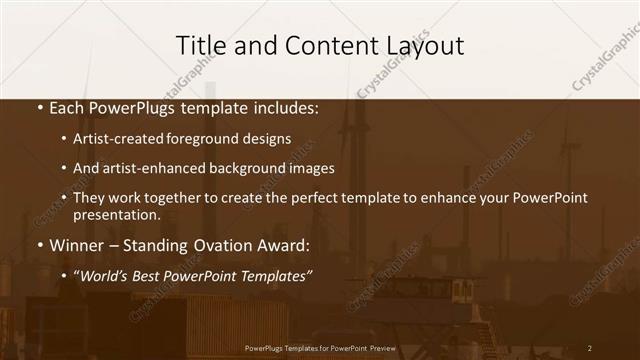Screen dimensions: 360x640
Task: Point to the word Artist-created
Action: point(112,139)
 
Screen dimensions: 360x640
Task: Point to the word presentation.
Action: point(116,214)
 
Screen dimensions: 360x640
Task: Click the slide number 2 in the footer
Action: point(589,348)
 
